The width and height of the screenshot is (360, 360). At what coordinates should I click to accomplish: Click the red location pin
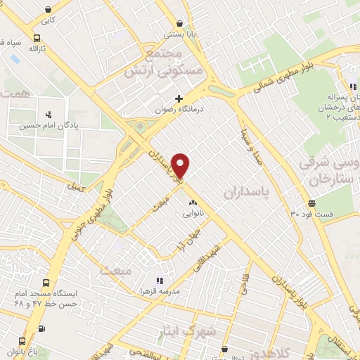181,165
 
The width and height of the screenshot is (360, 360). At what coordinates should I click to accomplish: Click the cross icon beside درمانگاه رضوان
179,98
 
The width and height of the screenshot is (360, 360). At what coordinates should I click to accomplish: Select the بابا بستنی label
176,33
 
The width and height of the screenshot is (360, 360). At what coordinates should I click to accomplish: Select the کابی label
47,20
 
